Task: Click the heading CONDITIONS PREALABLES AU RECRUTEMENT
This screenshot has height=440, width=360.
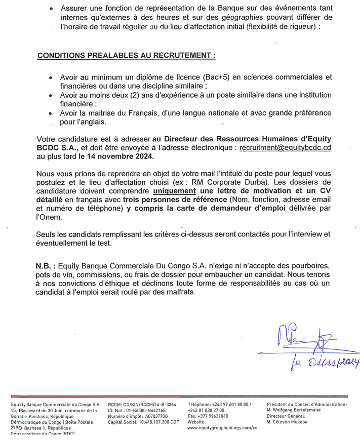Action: pyautogui.click(x=126, y=55)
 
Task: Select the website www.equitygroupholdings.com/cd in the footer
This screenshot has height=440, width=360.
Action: pyautogui.click(x=222, y=427)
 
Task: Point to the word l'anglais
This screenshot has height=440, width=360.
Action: pyautogui.click(x=90, y=122)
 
